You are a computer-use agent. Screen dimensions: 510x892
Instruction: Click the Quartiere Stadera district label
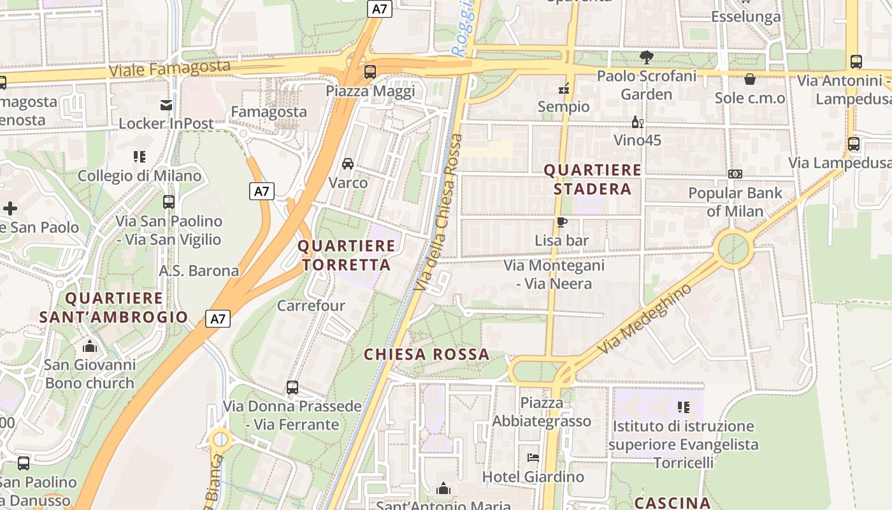tap(592, 179)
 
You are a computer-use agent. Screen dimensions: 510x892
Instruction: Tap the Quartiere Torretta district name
tap(347, 255)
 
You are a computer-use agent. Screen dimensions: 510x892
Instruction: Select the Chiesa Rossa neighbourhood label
tap(426, 354)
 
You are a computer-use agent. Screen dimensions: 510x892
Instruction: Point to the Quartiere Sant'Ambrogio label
tap(114, 307)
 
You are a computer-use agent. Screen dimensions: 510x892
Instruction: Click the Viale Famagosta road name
tap(169, 68)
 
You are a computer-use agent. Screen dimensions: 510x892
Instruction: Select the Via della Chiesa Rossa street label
tap(439, 214)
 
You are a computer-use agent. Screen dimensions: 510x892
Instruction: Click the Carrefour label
tap(311, 305)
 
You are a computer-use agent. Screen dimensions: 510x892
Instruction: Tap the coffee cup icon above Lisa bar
tap(561, 222)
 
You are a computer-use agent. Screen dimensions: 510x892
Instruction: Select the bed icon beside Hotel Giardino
tap(533, 458)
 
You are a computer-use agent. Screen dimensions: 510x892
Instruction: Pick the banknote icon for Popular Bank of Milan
tap(735, 174)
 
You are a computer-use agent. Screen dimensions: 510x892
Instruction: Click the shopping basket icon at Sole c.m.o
tap(750, 79)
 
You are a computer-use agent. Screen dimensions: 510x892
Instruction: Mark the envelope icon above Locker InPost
tap(166, 105)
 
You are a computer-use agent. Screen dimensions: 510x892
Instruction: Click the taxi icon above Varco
tap(348, 164)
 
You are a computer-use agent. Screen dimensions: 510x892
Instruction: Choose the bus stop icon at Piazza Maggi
tap(370, 72)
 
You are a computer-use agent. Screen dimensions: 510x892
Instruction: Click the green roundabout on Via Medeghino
tap(733, 248)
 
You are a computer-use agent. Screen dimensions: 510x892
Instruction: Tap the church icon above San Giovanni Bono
tap(90, 346)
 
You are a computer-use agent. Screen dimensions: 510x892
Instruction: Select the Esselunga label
tap(746, 17)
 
